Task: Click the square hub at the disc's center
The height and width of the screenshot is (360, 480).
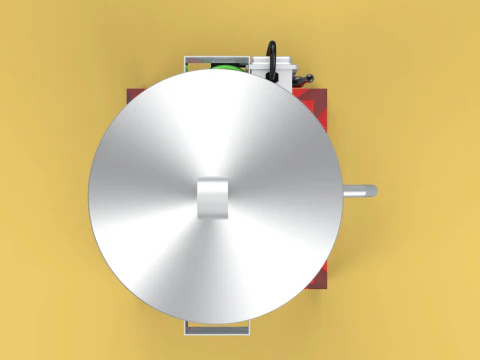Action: (213, 197)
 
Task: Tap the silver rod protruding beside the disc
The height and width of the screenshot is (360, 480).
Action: (358, 189)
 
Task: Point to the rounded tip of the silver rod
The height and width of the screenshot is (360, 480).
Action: (372, 189)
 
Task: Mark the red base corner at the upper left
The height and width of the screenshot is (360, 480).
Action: (130, 94)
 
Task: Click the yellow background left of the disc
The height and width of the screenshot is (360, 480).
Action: (45, 190)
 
